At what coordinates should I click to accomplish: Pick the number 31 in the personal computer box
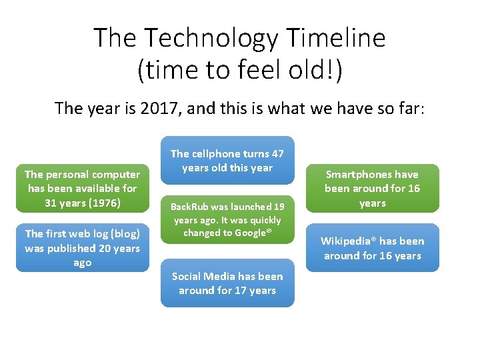click(51, 203)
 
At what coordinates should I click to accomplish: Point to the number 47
click(277, 153)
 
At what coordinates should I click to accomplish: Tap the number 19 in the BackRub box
click(279, 207)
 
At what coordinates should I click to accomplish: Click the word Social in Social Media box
click(188, 276)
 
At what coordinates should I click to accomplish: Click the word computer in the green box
click(117, 174)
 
